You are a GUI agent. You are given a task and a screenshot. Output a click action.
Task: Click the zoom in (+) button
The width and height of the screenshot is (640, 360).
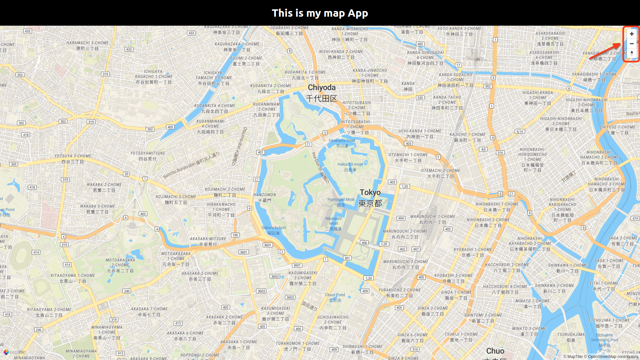(x=631, y=34)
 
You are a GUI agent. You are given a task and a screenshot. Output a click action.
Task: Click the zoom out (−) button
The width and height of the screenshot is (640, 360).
(x=631, y=44)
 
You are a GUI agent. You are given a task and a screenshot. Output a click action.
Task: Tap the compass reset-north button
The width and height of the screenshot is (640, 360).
(x=631, y=53)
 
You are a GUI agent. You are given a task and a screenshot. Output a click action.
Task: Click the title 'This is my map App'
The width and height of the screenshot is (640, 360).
(x=320, y=13)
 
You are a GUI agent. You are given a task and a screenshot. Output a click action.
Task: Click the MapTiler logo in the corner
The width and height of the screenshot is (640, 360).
(x=14, y=352)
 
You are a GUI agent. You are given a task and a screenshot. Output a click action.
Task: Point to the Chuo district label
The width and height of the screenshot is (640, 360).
(x=495, y=351)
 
